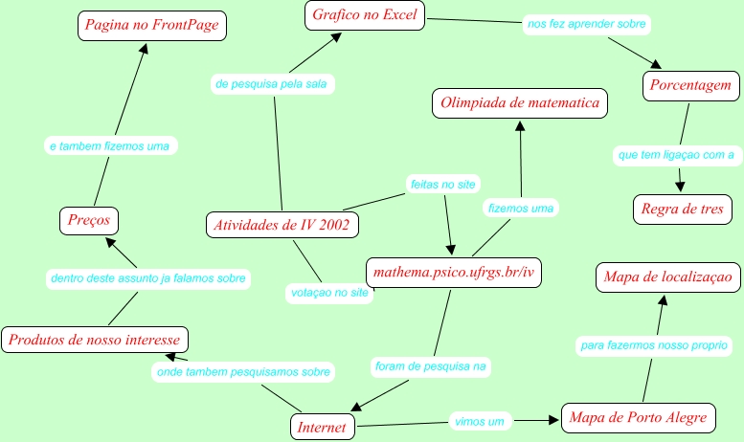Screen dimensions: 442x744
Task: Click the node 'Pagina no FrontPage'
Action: click(x=151, y=26)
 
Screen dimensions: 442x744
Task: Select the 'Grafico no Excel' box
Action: click(x=365, y=15)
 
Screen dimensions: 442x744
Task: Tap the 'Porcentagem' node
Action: click(x=691, y=85)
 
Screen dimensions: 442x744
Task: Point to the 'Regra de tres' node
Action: click(x=683, y=209)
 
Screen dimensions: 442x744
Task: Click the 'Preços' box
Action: click(x=89, y=220)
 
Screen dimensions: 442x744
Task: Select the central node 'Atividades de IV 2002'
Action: click(x=282, y=226)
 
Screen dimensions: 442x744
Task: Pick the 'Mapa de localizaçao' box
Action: click(x=667, y=277)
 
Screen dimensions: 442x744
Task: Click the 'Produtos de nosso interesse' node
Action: click(x=95, y=339)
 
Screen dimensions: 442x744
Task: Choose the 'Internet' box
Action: click(x=322, y=427)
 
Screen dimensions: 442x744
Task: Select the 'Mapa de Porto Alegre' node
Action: click(x=638, y=417)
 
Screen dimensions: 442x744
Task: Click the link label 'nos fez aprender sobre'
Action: click(x=587, y=22)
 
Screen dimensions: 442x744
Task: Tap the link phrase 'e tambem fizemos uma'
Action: click(x=108, y=146)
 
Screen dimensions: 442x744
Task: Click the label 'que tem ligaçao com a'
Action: click(x=676, y=154)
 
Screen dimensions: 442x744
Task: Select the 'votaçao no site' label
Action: click(x=328, y=293)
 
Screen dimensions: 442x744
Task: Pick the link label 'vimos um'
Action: click(x=479, y=420)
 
